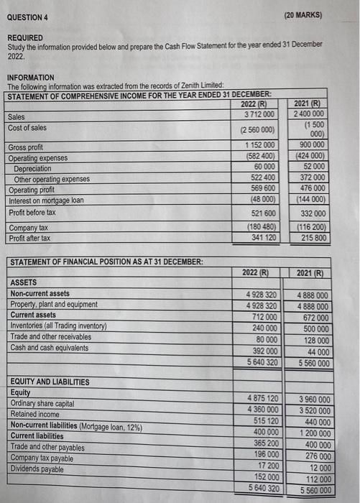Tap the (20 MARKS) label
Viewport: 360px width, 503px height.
(x=303, y=14)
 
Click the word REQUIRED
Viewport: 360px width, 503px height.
(x=25, y=37)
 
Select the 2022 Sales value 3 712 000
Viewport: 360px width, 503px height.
(x=259, y=115)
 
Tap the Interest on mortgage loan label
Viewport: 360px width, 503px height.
(x=46, y=200)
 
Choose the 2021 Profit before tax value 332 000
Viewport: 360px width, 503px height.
(x=313, y=213)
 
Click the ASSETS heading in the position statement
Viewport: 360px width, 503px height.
(x=24, y=282)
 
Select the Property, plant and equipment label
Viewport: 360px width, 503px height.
(x=54, y=305)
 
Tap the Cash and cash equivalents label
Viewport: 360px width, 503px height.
(x=50, y=348)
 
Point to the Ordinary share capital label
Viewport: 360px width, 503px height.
(x=42, y=404)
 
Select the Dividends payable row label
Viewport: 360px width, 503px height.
(x=37, y=469)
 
